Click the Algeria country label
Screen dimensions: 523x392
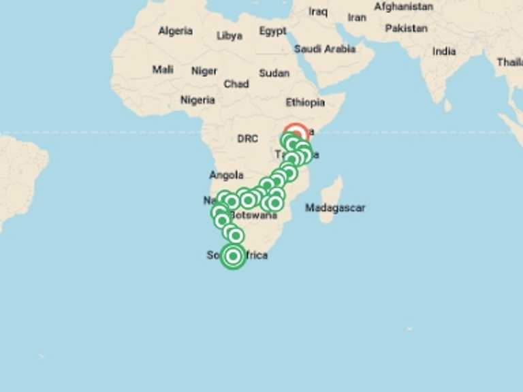[x=175, y=31]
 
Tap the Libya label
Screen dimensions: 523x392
[x=229, y=36]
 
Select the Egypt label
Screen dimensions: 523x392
[x=272, y=31]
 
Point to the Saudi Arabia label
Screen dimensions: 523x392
[x=325, y=49]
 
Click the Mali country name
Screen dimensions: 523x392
[x=163, y=69]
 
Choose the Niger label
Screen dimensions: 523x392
[x=204, y=71]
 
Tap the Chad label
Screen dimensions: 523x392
[x=236, y=84]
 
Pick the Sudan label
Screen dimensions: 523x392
[x=274, y=73]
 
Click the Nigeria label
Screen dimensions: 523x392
[x=197, y=100]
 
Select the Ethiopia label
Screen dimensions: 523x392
[x=305, y=103]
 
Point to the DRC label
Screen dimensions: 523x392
[x=248, y=139]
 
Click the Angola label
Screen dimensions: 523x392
[x=227, y=175]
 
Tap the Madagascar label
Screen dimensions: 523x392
[x=335, y=208]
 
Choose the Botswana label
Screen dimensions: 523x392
[x=253, y=215]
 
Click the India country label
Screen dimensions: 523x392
[x=444, y=51]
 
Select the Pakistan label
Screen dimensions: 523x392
[x=407, y=29]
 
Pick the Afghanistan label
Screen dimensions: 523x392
[x=403, y=7]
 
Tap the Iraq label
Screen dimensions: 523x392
[x=318, y=12]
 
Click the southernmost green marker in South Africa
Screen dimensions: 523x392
[x=233, y=257]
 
